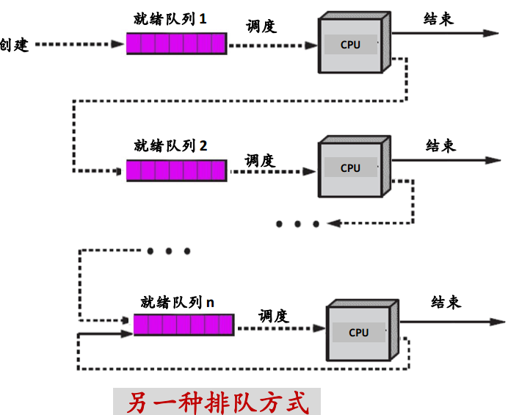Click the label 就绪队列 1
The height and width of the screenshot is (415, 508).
170,19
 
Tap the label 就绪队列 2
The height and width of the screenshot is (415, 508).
170,145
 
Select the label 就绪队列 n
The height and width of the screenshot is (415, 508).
178,302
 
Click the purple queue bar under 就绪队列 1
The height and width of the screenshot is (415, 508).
176,44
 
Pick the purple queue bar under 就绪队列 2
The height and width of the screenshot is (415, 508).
176,171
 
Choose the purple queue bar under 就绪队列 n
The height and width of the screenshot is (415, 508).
184,325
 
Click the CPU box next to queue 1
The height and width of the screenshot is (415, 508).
350,45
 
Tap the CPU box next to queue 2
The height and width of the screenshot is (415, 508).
350,168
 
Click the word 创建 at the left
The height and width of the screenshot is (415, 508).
15,44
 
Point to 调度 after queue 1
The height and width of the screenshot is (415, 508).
261,26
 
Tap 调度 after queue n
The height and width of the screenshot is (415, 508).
273,317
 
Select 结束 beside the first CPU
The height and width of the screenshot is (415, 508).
439,19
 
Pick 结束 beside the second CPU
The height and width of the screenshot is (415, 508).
441,145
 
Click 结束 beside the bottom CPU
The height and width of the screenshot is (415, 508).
446,302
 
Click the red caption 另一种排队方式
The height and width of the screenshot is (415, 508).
217,402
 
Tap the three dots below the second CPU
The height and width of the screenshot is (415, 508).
297,223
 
